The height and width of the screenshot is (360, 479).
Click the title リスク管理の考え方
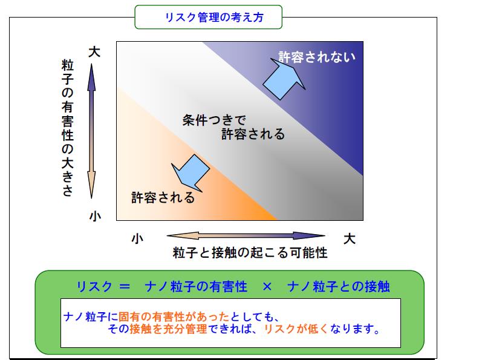[x=214, y=17]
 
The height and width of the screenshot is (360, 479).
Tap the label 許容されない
[x=317, y=57]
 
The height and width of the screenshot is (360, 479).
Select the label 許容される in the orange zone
[x=163, y=198]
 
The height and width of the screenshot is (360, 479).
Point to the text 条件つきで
[x=214, y=120]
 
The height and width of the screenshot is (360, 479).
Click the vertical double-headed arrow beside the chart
[x=91, y=131]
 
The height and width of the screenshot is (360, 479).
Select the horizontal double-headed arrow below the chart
[x=246, y=235]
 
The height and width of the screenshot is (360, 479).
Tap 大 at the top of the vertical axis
[x=94, y=52]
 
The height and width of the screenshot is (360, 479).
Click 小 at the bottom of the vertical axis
[x=95, y=217]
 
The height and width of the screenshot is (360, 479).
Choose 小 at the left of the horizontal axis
[x=137, y=238]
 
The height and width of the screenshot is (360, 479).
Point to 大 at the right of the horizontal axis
[x=350, y=238]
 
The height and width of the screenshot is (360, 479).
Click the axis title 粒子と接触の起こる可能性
[x=250, y=253]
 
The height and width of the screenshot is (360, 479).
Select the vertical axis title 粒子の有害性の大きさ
[x=68, y=128]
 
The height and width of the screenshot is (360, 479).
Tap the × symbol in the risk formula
[x=267, y=287]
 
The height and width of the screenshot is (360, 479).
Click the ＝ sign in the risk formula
[x=125, y=287]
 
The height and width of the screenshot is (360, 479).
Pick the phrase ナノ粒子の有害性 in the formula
[x=196, y=287]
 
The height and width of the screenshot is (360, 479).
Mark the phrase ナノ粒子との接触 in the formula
[x=339, y=287]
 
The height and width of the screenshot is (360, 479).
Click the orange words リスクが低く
[x=296, y=329]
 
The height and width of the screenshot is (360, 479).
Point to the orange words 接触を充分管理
[x=168, y=329]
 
